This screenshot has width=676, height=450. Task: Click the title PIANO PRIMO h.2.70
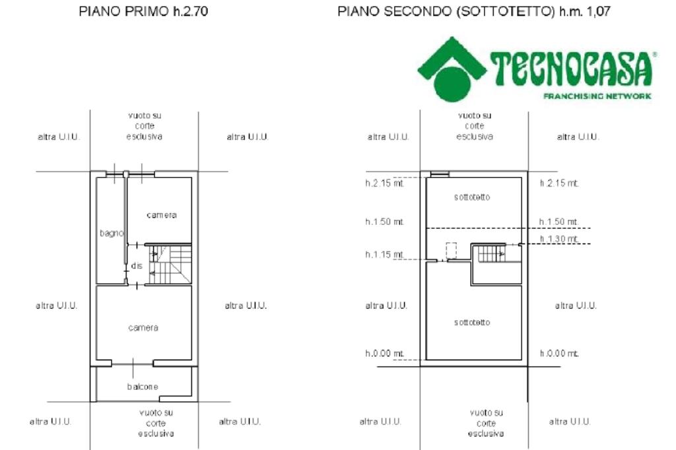click(143, 12)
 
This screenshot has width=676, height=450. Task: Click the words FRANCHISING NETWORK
click(597, 96)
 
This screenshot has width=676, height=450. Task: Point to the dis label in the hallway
click(137, 265)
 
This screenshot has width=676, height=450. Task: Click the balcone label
click(143, 387)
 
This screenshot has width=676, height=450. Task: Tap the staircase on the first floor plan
click(170, 265)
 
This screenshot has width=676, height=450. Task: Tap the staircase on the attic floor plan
click(490, 253)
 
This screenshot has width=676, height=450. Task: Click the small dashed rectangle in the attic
click(452, 250)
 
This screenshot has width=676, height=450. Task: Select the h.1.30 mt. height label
click(559, 238)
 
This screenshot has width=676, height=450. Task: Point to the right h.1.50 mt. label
click(559, 221)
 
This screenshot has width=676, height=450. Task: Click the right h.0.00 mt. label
click(559, 354)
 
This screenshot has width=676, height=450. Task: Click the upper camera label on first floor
click(162, 215)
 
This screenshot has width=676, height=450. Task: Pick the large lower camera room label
click(143, 327)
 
